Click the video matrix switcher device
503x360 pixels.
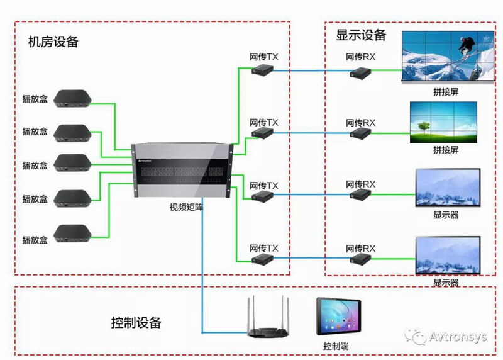point(182,171)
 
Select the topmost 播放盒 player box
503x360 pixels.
point(72,98)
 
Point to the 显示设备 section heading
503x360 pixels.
point(361,35)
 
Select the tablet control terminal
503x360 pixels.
point(336,318)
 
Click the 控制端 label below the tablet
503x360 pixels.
point(336,347)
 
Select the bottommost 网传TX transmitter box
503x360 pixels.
point(262,259)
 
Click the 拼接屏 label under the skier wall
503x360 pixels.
point(446,91)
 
